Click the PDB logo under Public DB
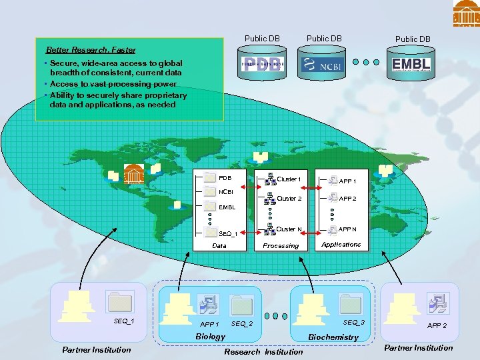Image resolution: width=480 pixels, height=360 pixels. [x=263, y=65]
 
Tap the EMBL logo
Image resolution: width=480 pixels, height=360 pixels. [x=412, y=65]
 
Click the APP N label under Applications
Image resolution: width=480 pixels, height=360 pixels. [x=347, y=229]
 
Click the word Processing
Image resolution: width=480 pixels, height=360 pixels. [x=281, y=246]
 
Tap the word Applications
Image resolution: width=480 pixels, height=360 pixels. [x=341, y=245]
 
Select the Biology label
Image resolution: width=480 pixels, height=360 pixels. [x=210, y=337]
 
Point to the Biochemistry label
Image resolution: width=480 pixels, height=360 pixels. [x=333, y=337]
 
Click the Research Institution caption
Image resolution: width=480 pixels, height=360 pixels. [x=263, y=351]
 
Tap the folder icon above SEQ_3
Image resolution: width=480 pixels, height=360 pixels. [x=350, y=303]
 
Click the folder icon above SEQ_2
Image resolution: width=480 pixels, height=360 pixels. [x=241, y=305]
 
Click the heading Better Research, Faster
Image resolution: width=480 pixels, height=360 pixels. [x=90, y=50]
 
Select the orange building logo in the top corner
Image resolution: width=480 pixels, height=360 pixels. [x=466, y=13]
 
